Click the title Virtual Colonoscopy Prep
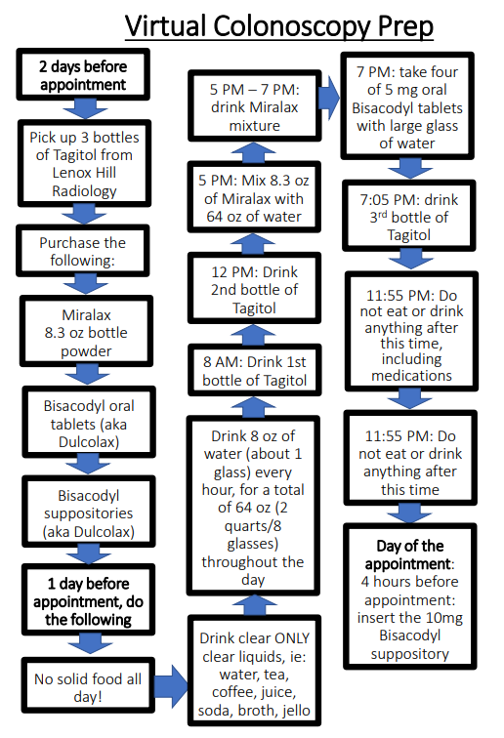pyautogui.click(x=278, y=26)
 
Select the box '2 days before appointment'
pyautogui.click(x=83, y=75)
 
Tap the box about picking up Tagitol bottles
pyautogui.click(x=84, y=163)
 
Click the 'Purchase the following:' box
pyautogui.click(x=83, y=251)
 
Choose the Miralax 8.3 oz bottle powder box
pyautogui.click(x=86, y=331)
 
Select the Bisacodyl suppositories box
pyautogui.click(x=89, y=512)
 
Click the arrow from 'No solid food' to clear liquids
pyautogui.click(x=171, y=685)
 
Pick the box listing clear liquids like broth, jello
pyautogui.click(x=254, y=671)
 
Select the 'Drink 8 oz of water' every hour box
pyautogui.click(x=253, y=506)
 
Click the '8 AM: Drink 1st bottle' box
pyautogui.click(x=254, y=370)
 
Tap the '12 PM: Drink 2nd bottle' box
pyautogui.click(x=254, y=288)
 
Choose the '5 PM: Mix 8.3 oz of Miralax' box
pyautogui.click(x=254, y=197)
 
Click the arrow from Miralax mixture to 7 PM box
pyautogui.click(x=329, y=98)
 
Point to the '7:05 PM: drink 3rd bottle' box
pyautogui.click(x=409, y=216)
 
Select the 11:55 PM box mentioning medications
pyautogui.click(x=411, y=331)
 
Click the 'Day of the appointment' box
pyautogui.click(x=410, y=596)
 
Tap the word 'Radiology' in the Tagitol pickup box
pyautogui.click(x=84, y=191)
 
